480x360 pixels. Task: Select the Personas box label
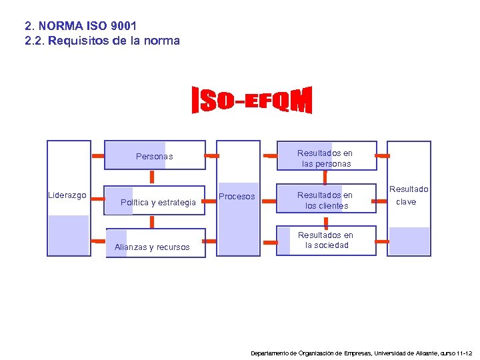(x=154, y=157)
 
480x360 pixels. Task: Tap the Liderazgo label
(x=67, y=195)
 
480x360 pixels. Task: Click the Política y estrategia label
(x=158, y=203)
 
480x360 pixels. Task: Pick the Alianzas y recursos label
(x=152, y=247)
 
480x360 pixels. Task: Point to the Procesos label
(x=237, y=197)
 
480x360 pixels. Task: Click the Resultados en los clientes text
(x=325, y=201)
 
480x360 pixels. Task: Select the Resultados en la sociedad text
(x=325, y=240)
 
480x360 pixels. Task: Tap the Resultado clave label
(x=409, y=195)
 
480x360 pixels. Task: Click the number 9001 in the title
(x=121, y=26)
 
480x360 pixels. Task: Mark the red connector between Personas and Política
(x=153, y=177)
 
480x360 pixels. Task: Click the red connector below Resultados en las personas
(x=325, y=177)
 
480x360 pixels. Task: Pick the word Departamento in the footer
(x=272, y=352)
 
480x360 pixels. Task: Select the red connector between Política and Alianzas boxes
(x=153, y=220)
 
